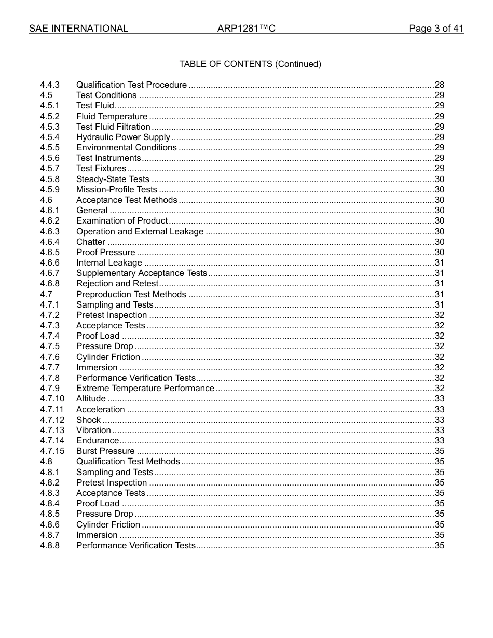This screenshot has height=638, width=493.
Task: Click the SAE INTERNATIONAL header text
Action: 78,29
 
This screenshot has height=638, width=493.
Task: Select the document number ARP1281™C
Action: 246,29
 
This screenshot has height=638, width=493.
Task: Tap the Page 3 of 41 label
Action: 436,29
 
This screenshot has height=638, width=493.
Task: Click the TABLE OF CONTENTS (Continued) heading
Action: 250,64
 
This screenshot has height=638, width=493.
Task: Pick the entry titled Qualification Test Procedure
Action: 131,85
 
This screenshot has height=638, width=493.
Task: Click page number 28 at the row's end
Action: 439,85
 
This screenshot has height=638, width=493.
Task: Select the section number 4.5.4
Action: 50,137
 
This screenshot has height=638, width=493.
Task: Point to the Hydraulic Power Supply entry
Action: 123,137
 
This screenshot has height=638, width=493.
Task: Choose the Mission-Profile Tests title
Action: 117,189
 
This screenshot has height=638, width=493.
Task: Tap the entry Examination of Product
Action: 122,220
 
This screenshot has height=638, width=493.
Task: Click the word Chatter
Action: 91,242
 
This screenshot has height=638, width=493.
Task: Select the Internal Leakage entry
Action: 109,262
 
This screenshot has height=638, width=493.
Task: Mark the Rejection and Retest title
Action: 117,283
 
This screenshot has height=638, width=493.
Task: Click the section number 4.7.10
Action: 52,398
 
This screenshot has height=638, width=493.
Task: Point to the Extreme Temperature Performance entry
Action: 145,388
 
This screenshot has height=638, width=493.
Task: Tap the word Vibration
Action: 93,430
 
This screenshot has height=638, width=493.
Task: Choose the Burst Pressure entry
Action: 105,451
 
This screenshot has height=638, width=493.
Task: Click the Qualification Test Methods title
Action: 128,461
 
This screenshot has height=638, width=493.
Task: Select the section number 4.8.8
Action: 50,545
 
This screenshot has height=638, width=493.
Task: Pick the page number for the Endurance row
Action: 439,440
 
